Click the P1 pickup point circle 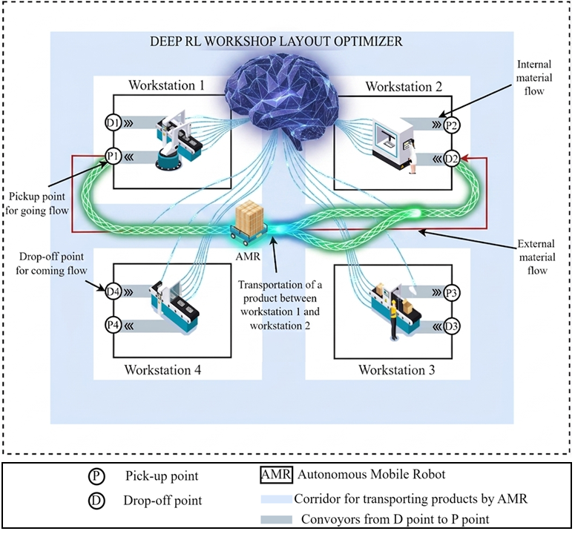tap(113, 156)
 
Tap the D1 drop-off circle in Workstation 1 tap(114, 123)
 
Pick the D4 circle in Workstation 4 tap(114, 291)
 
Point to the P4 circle tap(114, 324)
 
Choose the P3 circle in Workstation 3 tap(451, 292)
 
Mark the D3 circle tap(451, 325)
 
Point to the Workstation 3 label tap(398, 369)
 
